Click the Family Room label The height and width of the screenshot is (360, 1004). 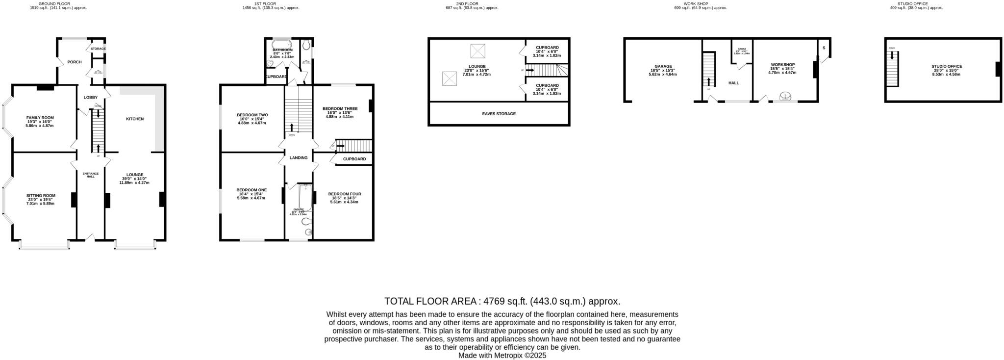click(40, 118)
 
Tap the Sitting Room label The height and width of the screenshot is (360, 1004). click(41, 195)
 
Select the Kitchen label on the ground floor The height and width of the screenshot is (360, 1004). click(135, 119)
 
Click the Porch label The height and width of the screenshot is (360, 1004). click(75, 62)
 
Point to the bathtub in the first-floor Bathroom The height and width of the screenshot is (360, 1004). click(281, 43)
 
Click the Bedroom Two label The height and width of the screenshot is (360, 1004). click(252, 115)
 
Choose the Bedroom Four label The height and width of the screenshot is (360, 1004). click(345, 194)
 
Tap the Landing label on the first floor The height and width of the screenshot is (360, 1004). click(299, 158)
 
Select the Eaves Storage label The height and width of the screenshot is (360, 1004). click(499, 114)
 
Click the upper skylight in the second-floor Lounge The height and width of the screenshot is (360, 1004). click(477, 51)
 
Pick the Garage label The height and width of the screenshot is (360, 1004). click(663, 66)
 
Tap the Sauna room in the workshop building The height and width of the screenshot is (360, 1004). click(742, 51)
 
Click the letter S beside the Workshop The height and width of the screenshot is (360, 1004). click(824, 48)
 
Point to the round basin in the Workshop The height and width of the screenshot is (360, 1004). click(785, 96)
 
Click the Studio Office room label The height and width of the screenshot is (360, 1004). click(947, 66)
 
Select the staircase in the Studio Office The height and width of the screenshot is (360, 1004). click(892, 69)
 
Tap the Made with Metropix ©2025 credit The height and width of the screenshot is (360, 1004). click(502, 355)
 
